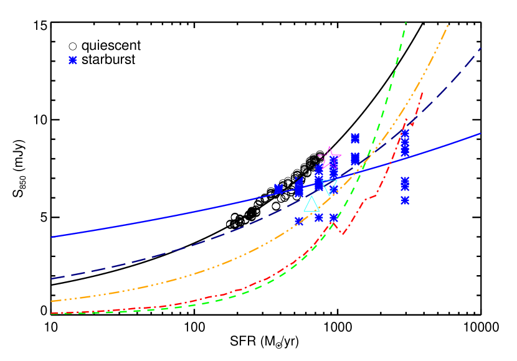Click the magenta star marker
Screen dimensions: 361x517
pos(330,158)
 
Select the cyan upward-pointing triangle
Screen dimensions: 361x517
pos(311,205)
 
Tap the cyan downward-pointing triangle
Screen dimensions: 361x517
pos(330,187)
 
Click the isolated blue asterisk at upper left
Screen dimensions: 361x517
pos(73,60)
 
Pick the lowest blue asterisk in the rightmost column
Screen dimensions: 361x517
pos(406,200)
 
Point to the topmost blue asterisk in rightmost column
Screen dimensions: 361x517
pos(406,134)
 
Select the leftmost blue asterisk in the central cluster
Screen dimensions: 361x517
pos(278,189)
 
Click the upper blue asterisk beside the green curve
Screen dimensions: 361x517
pos(355,138)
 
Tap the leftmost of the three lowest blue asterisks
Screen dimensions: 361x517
pos(299,221)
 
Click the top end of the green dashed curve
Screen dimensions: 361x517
pos(406,23)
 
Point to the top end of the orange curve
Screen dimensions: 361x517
pos(448,26)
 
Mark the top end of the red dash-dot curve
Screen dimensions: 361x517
pos(423,93)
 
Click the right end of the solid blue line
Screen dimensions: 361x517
pos(480,133)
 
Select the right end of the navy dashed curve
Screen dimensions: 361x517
pos(480,48)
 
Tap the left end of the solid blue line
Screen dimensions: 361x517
pos(52,237)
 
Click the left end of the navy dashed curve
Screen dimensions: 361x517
pos(52,279)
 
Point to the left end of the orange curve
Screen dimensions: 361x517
pos(52,301)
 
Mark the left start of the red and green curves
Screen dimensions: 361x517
pos(52,313)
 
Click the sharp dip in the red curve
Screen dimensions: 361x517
pos(343,235)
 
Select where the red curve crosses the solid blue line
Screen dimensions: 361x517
pos(391,163)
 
